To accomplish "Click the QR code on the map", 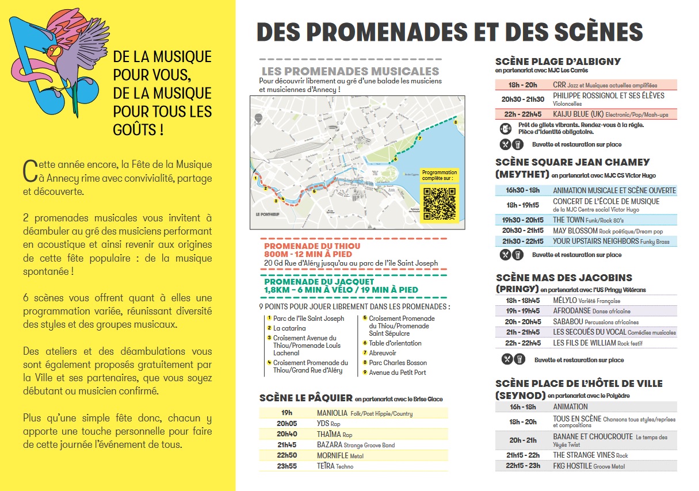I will tap(439, 202).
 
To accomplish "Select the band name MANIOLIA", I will tap(332, 413).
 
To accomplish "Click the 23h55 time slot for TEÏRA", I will tap(287, 466).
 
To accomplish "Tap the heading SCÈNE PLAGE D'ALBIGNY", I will tap(557, 62).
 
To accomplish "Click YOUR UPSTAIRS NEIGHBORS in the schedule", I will tap(595, 241).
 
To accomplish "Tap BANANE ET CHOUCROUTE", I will tap(593, 437).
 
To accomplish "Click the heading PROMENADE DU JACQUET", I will tap(319, 282).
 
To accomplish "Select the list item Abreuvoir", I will tap(383, 353).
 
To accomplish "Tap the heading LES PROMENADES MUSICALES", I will tap(350, 71).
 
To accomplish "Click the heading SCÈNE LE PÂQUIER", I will tap(305, 398).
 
